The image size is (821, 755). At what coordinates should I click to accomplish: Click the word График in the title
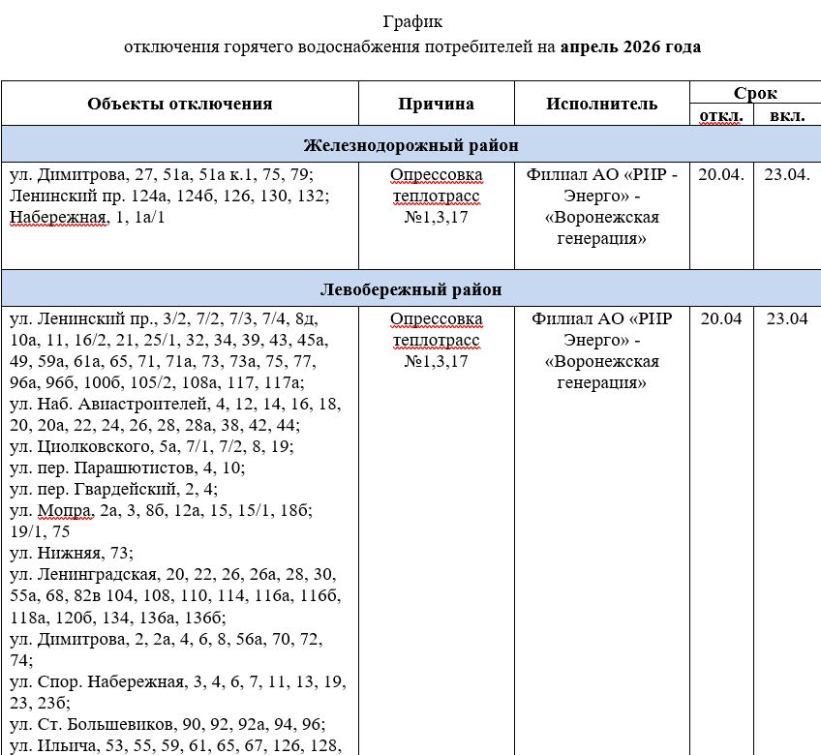[x=410, y=20]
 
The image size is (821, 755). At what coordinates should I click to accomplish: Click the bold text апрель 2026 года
[x=630, y=46]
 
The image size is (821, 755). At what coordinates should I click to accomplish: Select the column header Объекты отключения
[x=180, y=104]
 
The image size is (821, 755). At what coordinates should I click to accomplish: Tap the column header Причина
[x=436, y=104]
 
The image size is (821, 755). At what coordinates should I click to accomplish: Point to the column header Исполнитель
[x=601, y=104]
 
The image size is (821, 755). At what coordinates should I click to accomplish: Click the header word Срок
[x=755, y=93]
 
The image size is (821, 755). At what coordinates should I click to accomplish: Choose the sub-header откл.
[x=722, y=116]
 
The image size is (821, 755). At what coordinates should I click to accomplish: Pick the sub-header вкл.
[x=785, y=116]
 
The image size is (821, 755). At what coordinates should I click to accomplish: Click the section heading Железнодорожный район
[x=411, y=145]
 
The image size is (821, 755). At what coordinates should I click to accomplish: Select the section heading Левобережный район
[x=411, y=289]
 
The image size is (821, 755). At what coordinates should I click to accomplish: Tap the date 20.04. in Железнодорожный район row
[x=722, y=175]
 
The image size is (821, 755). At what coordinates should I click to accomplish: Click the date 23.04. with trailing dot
[x=786, y=175]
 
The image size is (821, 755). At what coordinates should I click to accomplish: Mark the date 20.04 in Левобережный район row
[x=721, y=318]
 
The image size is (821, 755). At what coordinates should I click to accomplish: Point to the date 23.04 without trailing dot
[x=786, y=318]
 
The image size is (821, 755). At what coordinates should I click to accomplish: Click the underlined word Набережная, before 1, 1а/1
[x=57, y=216]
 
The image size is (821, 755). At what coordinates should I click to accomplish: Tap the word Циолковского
[x=83, y=446]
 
